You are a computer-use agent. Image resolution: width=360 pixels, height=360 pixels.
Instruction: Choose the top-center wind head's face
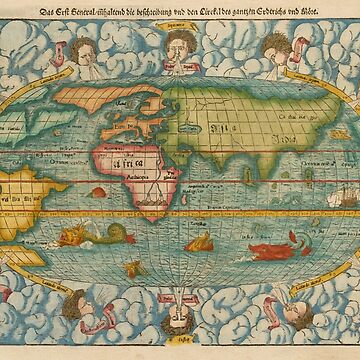tap(178, 45)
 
